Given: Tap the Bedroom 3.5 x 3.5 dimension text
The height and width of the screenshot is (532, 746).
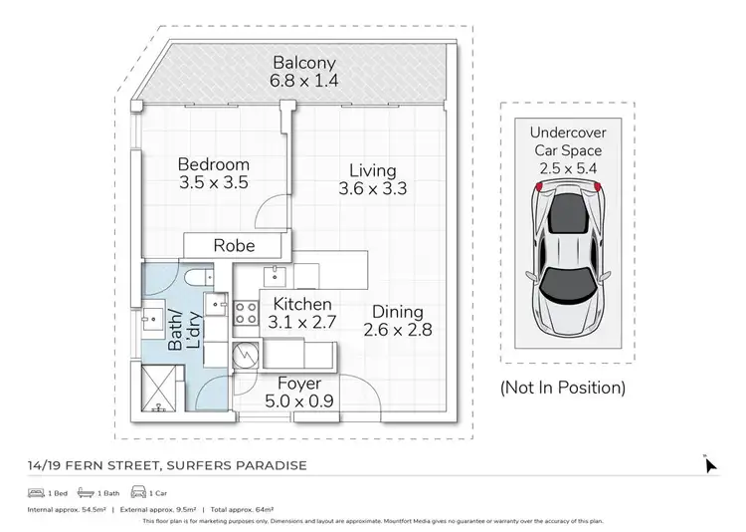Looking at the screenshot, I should pyautogui.click(x=214, y=183).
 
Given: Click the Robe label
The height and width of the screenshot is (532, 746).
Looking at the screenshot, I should pyautogui.click(x=234, y=245).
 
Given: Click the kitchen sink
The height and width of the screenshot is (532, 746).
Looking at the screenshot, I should pyautogui.click(x=275, y=275).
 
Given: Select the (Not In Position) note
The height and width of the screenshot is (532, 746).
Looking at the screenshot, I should pyautogui.click(x=563, y=388).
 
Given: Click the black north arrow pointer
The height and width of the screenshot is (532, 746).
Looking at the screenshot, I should pyautogui.click(x=710, y=464).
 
